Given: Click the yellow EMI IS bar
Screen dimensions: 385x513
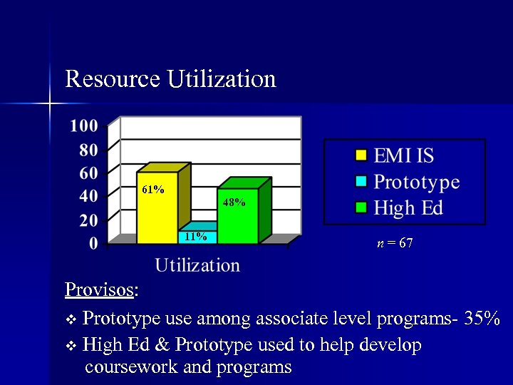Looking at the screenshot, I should coord(157,214).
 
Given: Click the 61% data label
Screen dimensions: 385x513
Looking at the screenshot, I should coord(153,190).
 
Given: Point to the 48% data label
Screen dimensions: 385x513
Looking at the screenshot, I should coord(234,202).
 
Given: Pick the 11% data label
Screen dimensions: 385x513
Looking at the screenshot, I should coord(195,237).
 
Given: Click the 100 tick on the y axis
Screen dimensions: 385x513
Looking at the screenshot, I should coord(84,126).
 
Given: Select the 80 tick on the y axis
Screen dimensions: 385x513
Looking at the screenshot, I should coord(88,150).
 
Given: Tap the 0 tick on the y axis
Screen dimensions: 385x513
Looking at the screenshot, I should coord(94,244).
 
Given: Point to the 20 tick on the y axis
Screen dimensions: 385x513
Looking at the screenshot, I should coord(88,220).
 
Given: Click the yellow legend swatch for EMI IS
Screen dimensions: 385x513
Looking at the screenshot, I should coord(361,155).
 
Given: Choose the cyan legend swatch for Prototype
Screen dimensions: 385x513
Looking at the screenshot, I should coord(361,182).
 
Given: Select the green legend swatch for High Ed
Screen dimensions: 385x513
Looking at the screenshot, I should coord(361,207).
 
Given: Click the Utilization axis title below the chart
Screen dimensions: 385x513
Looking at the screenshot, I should coord(197,265).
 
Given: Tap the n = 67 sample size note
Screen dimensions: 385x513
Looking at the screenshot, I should coord(395,244).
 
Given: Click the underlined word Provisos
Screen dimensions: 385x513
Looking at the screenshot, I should coord(99,290).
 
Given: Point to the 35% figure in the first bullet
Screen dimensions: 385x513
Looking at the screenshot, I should coord(482,318).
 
